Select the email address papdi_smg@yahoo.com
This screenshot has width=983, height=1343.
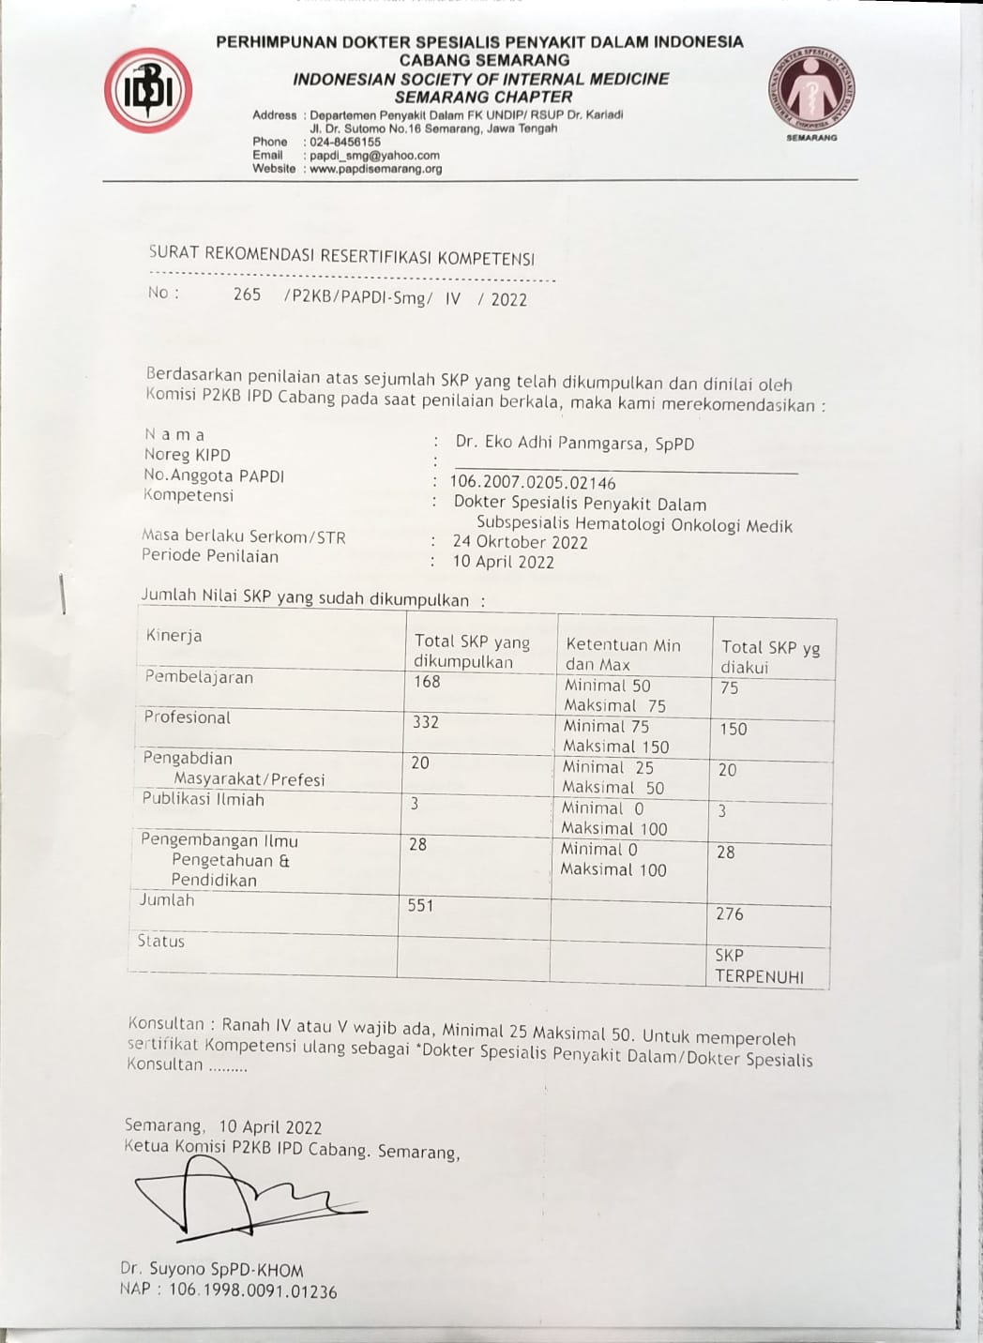pyautogui.click(x=374, y=156)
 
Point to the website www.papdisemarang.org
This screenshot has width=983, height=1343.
pyautogui.click(x=375, y=169)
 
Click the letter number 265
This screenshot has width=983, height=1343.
pyautogui.click(x=247, y=294)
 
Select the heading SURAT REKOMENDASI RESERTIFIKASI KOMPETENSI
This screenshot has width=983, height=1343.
pyautogui.click(x=341, y=256)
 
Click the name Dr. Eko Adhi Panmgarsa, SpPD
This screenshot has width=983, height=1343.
pyautogui.click(x=574, y=443)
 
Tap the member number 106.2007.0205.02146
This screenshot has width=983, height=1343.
pyautogui.click(x=533, y=482)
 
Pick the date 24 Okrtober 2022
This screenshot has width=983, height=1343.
pyautogui.click(x=520, y=541)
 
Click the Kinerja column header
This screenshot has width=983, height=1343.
pyautogui.click(x=174, y=636)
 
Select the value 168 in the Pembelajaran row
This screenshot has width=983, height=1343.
pyautogui.click(x=427, y=682)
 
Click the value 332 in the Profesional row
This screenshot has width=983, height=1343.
pyautogui.click(x=425, y=722)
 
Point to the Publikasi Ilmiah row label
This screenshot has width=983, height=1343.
pyautogui.click(x=203, y=799)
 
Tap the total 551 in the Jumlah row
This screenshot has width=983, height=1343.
pyautogui.click(x=420, y=905)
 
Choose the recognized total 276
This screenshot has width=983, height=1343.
pyautogui.click(x=729, y=913)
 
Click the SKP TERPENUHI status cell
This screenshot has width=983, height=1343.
pyautogui.click(x=759, y=966)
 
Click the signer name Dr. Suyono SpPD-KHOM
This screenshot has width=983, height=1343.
pyautogui.click(x=211, y=1270)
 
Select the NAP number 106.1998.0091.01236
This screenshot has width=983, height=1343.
pyautogui.click(x=228, y=1290)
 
